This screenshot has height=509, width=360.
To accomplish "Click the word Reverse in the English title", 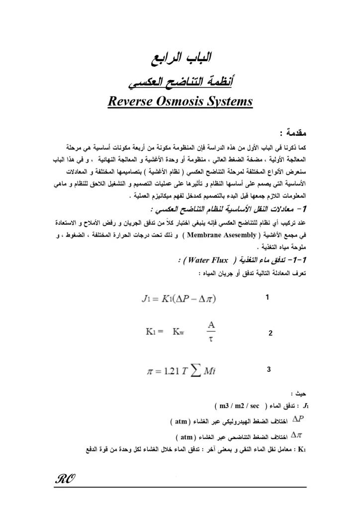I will click(132, 102).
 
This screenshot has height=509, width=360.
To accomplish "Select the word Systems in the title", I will click(231, 102).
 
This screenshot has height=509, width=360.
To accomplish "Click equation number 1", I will click(268, 297).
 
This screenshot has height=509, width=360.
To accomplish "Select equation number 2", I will click(270, 334).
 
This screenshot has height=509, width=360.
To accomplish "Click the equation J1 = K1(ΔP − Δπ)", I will click(174, 300).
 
